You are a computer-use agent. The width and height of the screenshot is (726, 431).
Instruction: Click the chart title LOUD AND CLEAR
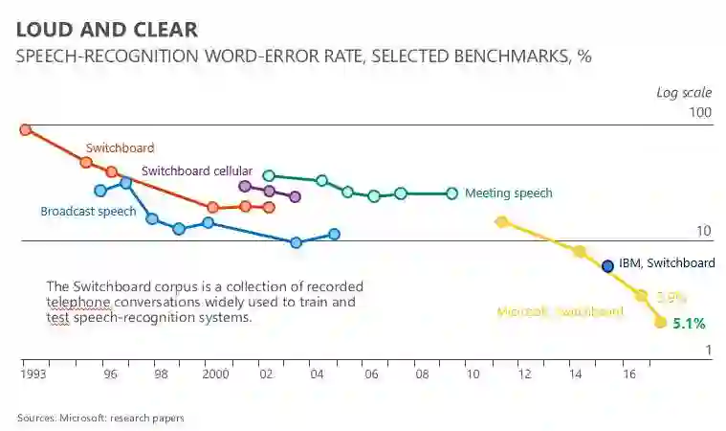(107, 29)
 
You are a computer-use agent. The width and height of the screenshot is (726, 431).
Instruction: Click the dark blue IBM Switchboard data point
(606, 265)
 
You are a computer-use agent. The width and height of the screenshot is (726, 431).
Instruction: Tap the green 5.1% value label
(689, 324)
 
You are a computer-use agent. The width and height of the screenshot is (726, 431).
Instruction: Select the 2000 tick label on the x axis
(214, 375)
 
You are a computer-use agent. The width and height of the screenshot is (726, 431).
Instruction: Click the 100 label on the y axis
(701, 113)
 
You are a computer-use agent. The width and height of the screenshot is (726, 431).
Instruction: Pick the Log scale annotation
(683, 92)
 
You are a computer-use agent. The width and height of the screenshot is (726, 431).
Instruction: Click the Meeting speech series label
(508, 193)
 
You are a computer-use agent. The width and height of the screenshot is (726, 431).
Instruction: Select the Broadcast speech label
(88, 212)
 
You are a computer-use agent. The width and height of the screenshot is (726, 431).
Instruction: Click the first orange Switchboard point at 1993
(26, 129)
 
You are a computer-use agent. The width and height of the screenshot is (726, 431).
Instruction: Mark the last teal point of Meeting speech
(452, 193)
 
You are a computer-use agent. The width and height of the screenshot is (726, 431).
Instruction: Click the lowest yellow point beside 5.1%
(660, 322)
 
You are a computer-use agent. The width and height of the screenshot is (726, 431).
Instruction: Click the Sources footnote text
(100, 418)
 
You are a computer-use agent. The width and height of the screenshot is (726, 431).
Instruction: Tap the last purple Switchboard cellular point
(295, 196)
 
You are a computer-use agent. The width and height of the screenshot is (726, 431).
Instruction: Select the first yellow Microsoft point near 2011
(500, 222)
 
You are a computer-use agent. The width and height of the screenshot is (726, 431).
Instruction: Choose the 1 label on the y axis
(709, 352)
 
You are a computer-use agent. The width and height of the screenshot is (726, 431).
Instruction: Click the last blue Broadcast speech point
(334, 234)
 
